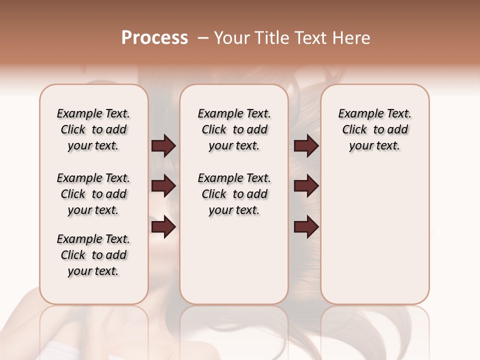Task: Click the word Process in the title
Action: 154,38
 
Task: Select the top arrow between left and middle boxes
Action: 163,146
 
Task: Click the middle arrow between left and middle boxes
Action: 163,186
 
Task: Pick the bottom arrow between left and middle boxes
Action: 163,227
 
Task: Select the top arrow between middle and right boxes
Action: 306,146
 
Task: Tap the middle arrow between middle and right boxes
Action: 306,186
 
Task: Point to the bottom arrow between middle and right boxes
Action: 306,227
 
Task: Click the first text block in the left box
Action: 93,129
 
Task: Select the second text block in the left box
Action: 93,194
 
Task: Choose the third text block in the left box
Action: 93,255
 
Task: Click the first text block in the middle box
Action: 234,129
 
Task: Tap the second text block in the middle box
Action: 234,194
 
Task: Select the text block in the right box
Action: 374,129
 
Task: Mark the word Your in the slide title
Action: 232,38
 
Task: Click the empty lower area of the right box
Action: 374,240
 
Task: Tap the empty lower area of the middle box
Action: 234,260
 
